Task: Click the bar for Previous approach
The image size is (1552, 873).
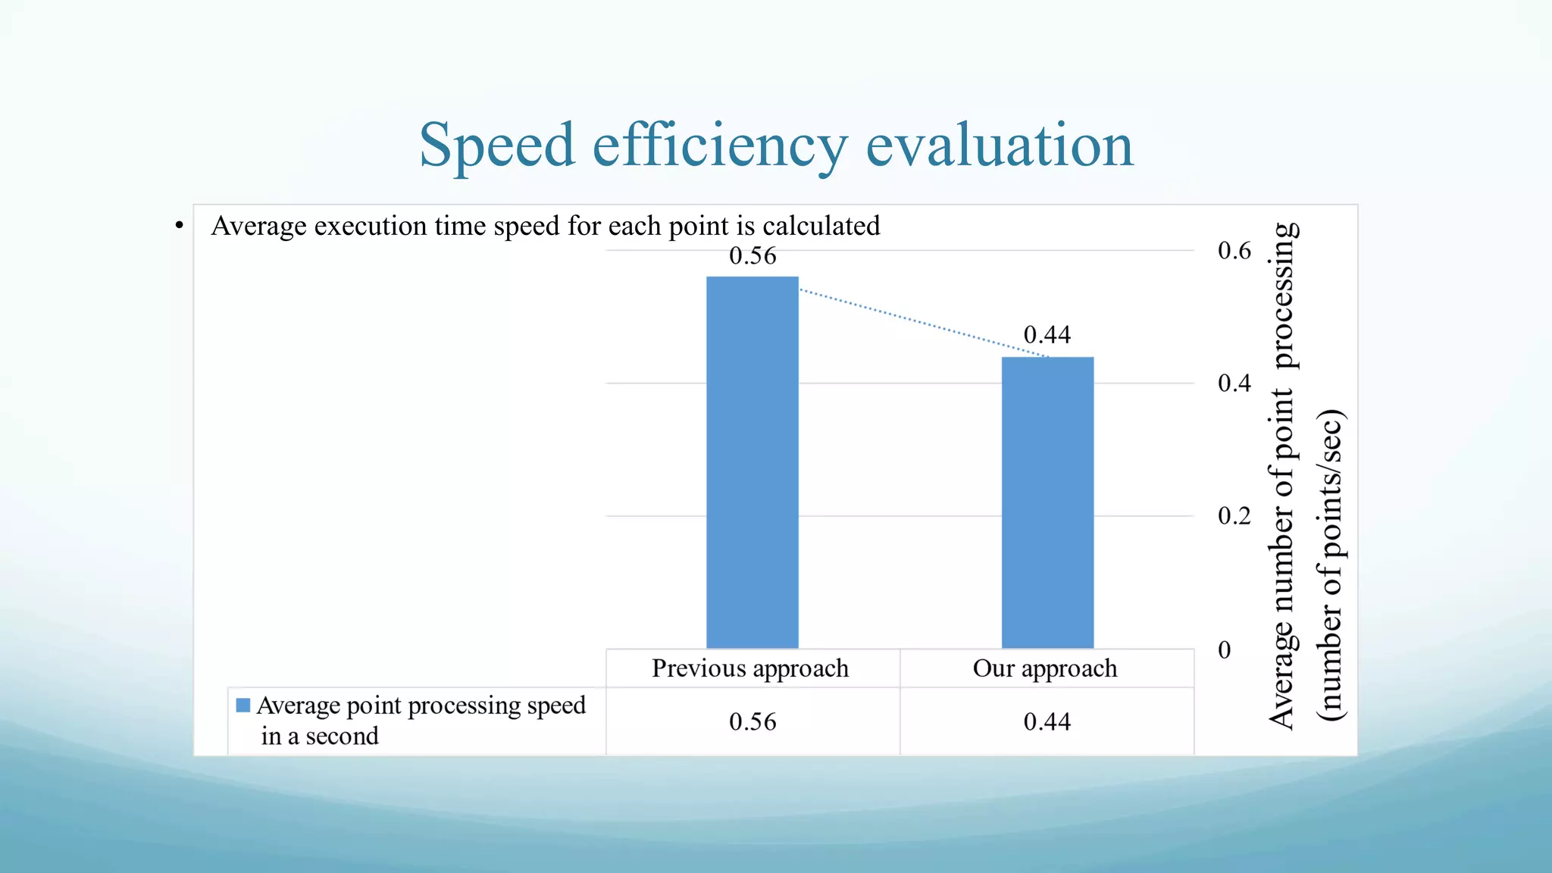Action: [x=752, y=462]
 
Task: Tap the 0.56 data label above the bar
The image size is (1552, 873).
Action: [x=753, y=256]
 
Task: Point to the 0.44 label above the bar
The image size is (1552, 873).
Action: [x=1047, y=335]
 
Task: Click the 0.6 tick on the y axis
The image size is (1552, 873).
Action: [x=1234, y=251]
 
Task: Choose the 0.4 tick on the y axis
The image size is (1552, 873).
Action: [x=1234, y=383]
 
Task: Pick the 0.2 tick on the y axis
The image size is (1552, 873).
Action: [x=1234, y=516]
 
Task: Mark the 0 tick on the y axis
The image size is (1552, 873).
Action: [x=1224, y=649]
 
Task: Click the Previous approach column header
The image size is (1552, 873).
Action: [x=750, y=668]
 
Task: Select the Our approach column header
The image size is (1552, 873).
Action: [x=1045, y=668]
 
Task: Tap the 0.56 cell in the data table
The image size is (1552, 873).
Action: [x=753, y=721]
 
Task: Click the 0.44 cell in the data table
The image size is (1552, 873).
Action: [x=1047, y=721]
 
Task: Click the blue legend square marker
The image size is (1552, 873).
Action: [x=242, y=706]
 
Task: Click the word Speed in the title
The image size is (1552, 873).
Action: [x=496, y=145]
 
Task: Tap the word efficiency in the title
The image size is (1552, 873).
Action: [x=719, y=145]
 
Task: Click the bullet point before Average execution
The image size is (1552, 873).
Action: [x=179, y=226]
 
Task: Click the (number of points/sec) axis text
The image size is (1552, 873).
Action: [x=1331, y=565]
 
